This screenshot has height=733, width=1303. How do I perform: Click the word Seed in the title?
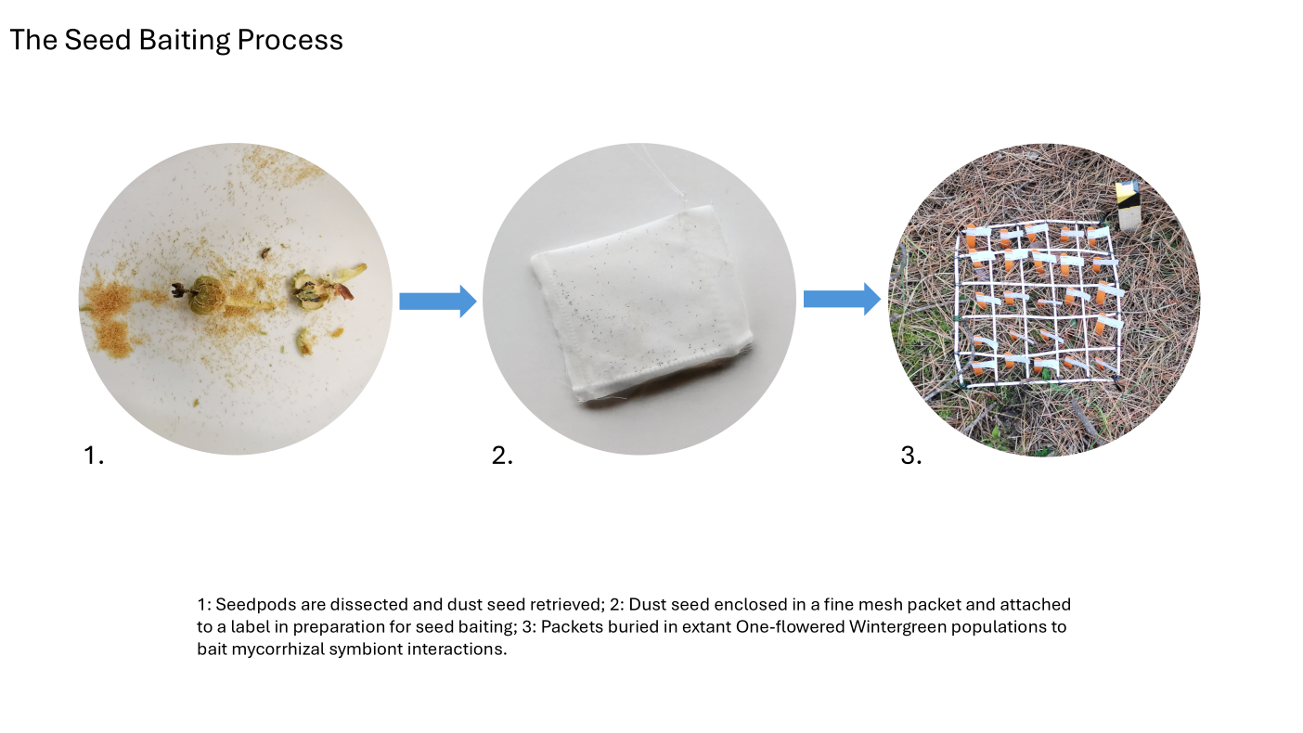tap(97, 40)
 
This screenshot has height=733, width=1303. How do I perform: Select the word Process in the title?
tap(290, 41)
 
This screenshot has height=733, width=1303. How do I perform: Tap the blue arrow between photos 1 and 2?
tap(438, 302)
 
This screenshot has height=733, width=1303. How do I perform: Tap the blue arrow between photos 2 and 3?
tap(842, 299)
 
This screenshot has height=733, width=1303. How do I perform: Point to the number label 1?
tap(94, 455)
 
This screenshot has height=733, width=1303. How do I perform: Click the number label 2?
tap(502, 455)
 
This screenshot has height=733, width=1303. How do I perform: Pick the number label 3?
tap(911, 455)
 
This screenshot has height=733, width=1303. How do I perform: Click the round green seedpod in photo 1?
tap(208, 295)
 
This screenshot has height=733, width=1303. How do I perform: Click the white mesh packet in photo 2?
tap(639, 302)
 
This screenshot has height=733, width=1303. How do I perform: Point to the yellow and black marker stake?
tap(1128, 205)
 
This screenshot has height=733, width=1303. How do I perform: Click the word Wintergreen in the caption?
tap(897, 627)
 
